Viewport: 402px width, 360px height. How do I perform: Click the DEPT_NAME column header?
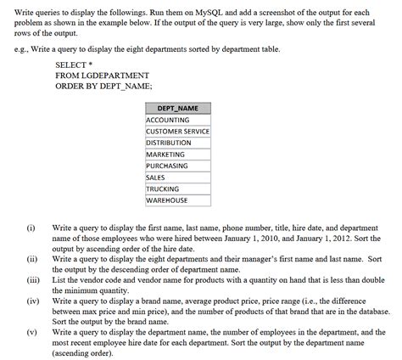pos(177,109)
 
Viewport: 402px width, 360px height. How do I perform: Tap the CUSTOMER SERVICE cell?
pos(177,132)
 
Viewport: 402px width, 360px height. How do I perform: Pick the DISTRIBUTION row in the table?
pos(169,143)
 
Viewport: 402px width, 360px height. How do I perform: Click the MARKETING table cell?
pos(165,155)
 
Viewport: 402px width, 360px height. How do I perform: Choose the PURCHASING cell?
pos(167,166)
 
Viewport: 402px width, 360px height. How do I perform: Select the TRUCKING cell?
pos(163,188)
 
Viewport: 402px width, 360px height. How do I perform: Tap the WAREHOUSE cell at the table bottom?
pos(166,200)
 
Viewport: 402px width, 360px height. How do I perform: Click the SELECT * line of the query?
pos(74,65)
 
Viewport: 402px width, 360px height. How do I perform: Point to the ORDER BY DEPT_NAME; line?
pos(103,87)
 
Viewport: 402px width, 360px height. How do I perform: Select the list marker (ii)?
pos(31,258)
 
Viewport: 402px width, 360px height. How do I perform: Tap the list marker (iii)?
pos(33,278)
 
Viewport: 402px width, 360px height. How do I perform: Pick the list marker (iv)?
pos(32,300)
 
